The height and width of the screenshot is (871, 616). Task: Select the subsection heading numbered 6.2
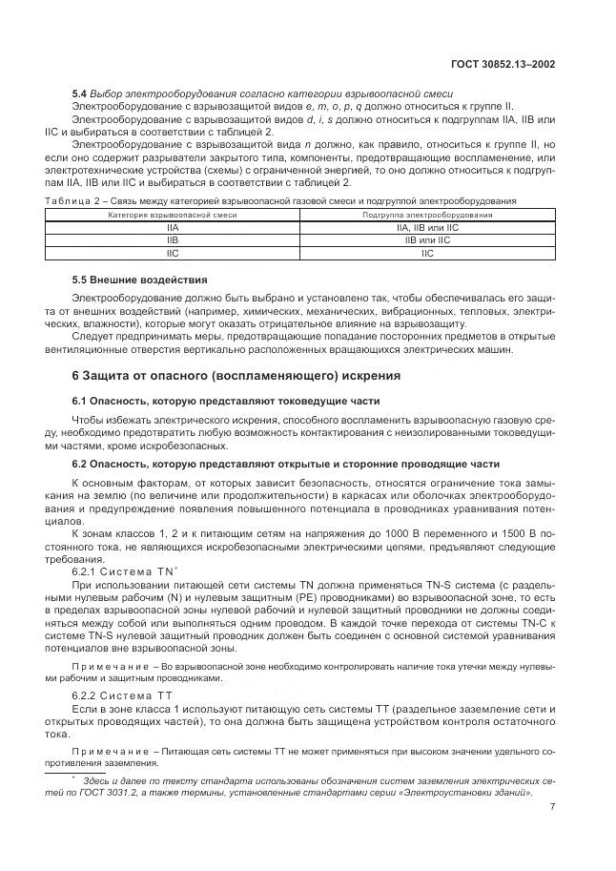pos(285,464)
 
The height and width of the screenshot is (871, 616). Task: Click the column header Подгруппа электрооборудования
pos(426,217)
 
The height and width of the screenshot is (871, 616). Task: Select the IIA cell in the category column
pos(172,229)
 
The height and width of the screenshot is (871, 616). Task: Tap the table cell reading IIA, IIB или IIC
pos(426,229)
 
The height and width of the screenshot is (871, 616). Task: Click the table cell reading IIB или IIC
pos(426,241)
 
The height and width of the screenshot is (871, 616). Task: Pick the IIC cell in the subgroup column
pos(426,254)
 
